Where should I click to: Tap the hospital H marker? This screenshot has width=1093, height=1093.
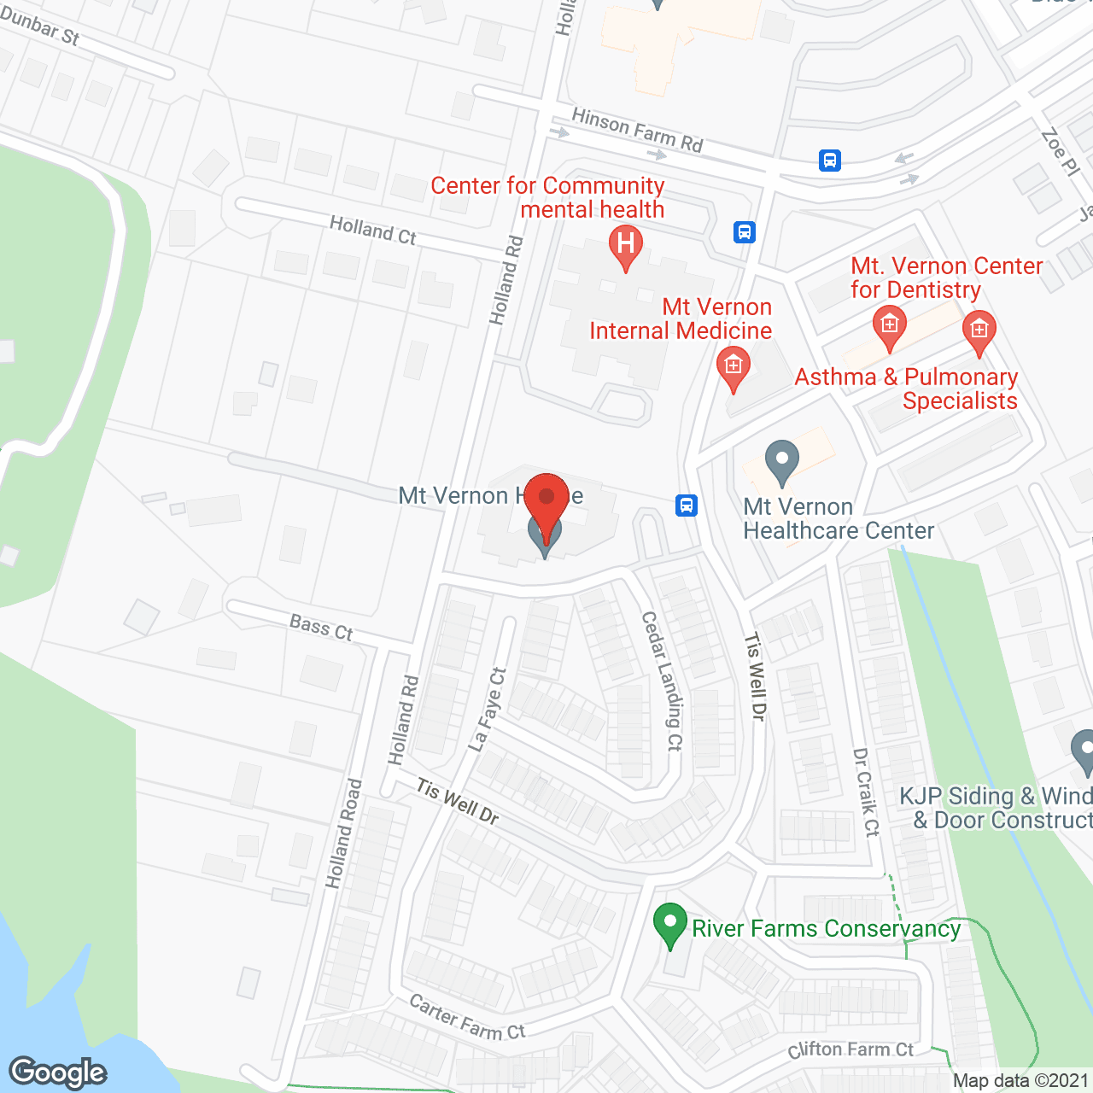(x=626, y=244)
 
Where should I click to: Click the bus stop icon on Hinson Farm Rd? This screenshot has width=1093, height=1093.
(x=830, y=161)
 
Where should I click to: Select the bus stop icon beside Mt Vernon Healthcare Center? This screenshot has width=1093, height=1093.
(x=687, y=506)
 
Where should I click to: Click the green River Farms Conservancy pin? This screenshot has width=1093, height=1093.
(x=670, y=924)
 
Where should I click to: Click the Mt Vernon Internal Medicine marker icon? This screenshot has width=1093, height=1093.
(x=733, y=367)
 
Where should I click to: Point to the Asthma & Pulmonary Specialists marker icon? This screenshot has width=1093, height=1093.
(x=979, y=330)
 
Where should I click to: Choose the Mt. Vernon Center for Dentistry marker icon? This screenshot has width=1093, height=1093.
(x=889, y=326)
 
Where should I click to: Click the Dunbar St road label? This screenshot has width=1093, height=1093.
(x=40, y=26)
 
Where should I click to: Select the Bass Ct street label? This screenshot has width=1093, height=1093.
(x=321, y=628)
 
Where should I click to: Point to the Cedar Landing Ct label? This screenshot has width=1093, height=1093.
(x=663, y=681)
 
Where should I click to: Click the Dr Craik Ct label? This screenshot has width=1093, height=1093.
(x=866, y=792)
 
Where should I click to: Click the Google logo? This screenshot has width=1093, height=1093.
(x=58, y=1073)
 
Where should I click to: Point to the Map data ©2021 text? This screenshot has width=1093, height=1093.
(x=1020, y=1081)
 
